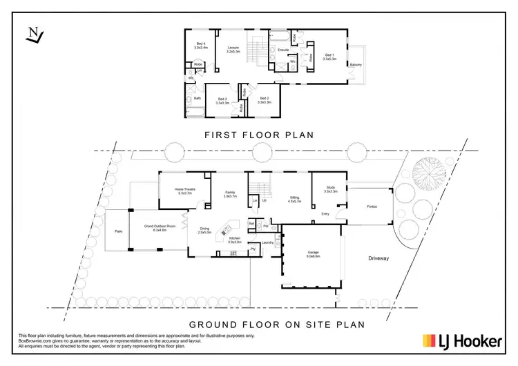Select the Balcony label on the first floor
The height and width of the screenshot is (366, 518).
[356, 65]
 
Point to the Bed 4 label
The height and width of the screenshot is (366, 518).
[200, 46]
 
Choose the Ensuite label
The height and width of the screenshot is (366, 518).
[282, 50]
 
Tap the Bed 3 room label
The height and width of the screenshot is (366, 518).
[222, 101]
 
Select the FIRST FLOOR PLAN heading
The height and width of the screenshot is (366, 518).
[259, 136]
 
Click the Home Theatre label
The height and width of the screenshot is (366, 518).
[184, 191]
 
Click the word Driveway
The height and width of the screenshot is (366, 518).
[379, 259]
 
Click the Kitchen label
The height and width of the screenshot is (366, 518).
[235, 241]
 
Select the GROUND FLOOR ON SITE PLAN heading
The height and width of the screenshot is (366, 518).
[259, 323]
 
